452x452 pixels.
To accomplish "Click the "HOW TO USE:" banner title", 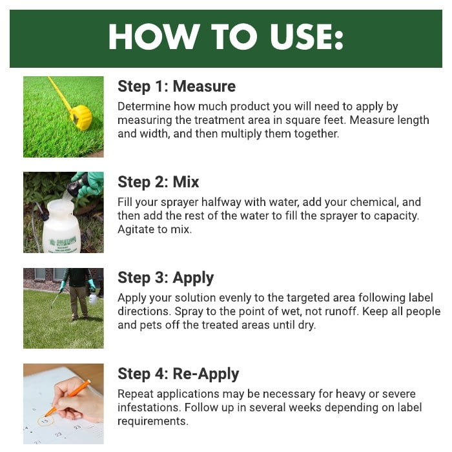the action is coord(226,37).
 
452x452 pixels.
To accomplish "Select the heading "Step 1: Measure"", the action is coord(176,86).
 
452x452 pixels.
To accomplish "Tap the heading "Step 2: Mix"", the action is coord(158,182).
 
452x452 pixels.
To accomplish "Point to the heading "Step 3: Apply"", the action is coord(165,278).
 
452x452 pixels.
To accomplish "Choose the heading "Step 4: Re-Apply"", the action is coord(178,374).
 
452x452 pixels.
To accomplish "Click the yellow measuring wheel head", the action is coord(81,118).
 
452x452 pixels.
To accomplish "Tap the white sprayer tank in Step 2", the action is coord(61,227).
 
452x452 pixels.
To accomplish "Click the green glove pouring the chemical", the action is coord(87,185).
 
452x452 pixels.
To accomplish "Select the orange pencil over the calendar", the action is coord(68,398).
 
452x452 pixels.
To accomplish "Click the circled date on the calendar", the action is coord(46,421).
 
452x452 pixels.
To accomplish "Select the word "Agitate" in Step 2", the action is coord(136,230).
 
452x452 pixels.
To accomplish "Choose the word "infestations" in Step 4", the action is coord(149,407).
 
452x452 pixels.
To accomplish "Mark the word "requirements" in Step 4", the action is coord(152,422).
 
